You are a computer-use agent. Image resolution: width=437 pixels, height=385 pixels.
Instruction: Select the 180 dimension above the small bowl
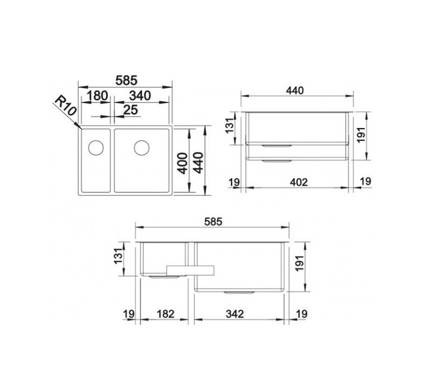(97, 96)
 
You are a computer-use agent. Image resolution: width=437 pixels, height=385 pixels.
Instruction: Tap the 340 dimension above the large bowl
(140, 96)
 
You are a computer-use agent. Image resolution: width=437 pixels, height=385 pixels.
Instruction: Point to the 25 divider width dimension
(130, 110)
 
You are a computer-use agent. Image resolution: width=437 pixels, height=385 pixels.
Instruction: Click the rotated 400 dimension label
(183, 163)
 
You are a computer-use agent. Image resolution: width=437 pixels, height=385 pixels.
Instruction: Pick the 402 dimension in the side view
(299, 182)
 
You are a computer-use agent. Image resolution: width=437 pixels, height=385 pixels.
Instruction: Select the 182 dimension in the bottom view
(166, 314)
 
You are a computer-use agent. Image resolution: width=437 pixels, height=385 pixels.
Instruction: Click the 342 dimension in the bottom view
(235, 314)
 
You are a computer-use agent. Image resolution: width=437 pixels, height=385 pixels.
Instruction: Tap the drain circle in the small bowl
(96, 147)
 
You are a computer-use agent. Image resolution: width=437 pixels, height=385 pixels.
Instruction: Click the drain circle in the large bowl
(142, 147)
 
